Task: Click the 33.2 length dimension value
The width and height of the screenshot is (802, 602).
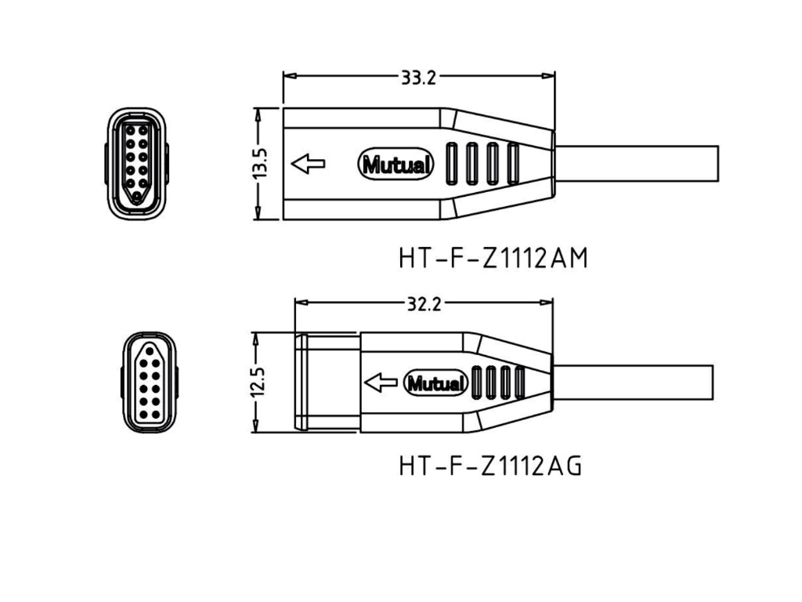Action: [418, 77]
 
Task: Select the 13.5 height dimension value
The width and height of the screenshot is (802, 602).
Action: [261, 165]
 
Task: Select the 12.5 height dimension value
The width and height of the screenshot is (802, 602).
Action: [259, 383]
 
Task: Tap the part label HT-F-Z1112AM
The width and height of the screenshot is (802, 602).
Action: [493, 259]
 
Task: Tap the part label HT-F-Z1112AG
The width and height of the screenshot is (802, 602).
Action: [490, 466]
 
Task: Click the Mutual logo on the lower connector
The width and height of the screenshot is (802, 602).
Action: [435, 384]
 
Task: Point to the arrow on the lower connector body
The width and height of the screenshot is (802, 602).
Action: [382, 383]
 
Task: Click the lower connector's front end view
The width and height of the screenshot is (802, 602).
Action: [150, 382]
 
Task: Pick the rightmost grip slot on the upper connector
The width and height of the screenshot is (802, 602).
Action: [513, 164]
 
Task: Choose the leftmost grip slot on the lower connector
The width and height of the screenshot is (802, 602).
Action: [478, 383]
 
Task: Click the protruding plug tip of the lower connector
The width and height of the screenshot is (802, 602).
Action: [327, 383]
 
